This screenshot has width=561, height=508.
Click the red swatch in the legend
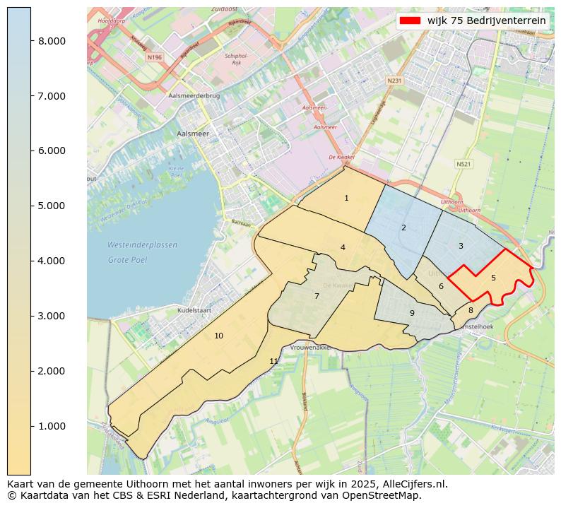(410, 20)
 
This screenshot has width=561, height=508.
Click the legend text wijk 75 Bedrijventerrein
(486, 20)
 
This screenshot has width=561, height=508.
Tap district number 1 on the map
(346, 199)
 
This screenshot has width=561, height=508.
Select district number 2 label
(403, 228)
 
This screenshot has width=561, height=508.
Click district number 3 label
(461, 246)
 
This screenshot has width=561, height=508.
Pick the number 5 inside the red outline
(493, 278)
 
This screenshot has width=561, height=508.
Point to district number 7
(317, 296)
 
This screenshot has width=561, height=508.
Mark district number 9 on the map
(412, 313)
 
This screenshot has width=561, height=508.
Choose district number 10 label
(219, 336)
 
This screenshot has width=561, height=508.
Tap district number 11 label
(274, 361)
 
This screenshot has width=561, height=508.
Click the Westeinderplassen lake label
(142, 245)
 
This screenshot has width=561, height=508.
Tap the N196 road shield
(154, 57)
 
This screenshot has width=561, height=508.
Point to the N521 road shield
(463, 164)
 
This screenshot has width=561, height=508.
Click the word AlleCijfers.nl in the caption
(412, 484)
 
